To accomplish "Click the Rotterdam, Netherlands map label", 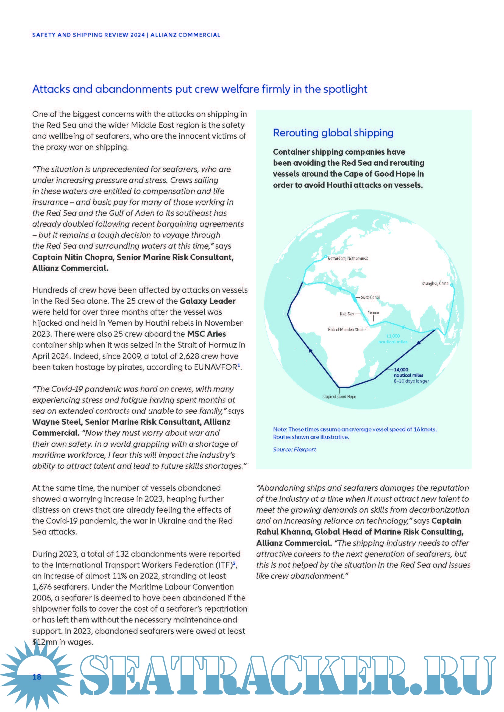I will pyautogui.click(x=348, y=258).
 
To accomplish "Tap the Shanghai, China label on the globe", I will pyautogui.click(x=435, y=283).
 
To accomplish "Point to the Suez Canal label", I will pyautogui.click(x=370, y=297).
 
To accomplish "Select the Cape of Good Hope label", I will pyautogui.click(x=339, y=397).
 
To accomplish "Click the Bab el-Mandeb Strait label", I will pyautogui.click(x=346, y=330).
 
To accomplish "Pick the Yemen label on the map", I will pyautogui.click(x=373, y=313).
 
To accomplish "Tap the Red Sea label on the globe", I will pyautogui.click(x=347, y=314).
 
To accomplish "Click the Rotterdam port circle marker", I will pyautogui.click(x=325, y=256).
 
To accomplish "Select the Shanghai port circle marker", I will pyautogui.click(x=452, y=285).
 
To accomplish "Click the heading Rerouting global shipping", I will pyautogui.click(x=333, y=133).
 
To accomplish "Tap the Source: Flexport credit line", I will pyautogui.click(x=294, y=449).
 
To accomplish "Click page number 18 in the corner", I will pyautogui.click(x=37, y=677).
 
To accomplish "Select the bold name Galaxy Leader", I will pyautogui.click(x=208, y=301).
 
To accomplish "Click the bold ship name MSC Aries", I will pyautogui.click(x=206, y=334).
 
